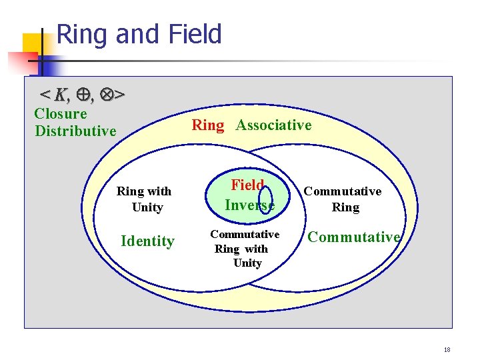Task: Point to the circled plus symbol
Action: (x=83, y=95)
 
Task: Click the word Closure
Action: (x=60, y=114)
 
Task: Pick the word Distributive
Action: (x=75, y=131)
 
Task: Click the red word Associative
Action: (x=273, y=125)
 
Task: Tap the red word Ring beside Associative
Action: (x=207, y=125)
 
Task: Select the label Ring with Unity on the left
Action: (x=144, y=199)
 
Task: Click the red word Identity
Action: (x=147, y=241)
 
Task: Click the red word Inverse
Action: (x=249, y=205)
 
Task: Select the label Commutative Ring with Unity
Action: (x=245, y=249)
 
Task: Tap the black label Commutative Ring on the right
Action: (x=343, y=199)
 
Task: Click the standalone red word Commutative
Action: (x=353, y=237)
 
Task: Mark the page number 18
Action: (x=447, y=349)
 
